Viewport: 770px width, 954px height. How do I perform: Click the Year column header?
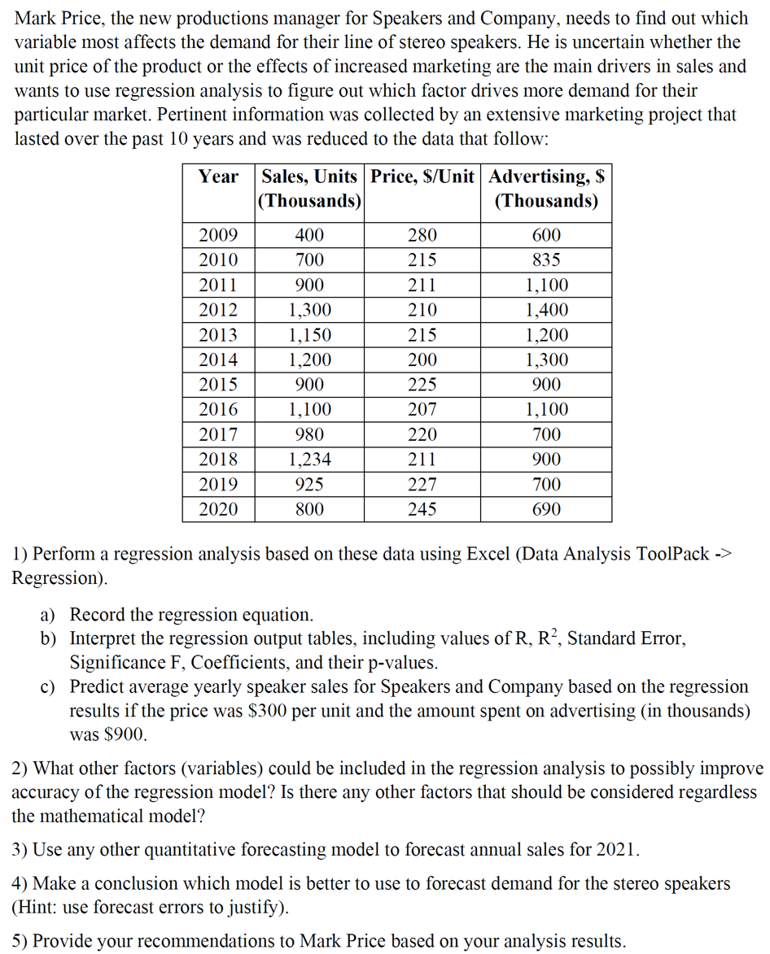[x=218, y=176]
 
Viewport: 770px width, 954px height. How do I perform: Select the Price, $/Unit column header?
[x=422, y=176]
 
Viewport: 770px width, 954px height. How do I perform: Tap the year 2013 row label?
[x=218, y=335]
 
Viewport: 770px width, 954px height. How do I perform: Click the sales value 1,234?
[x=309, y=460]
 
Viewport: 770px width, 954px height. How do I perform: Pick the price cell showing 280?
[x=422, y=236]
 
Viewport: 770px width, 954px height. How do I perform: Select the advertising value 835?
[x=545, y=260]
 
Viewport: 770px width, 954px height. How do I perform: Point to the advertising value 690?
[x=545, y=510]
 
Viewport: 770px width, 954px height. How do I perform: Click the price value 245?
[x=422, y=510]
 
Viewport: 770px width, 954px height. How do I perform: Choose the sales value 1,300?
[x=309, y=310]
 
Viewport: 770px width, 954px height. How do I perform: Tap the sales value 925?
[x=309, y=485]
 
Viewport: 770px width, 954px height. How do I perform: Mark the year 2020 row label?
[x=218, y=510]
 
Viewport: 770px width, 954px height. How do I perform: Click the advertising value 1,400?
[x=546, y=310]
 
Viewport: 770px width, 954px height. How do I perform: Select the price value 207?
[x=422, y=410]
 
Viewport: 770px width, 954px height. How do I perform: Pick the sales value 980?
[x=309, y=435]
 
